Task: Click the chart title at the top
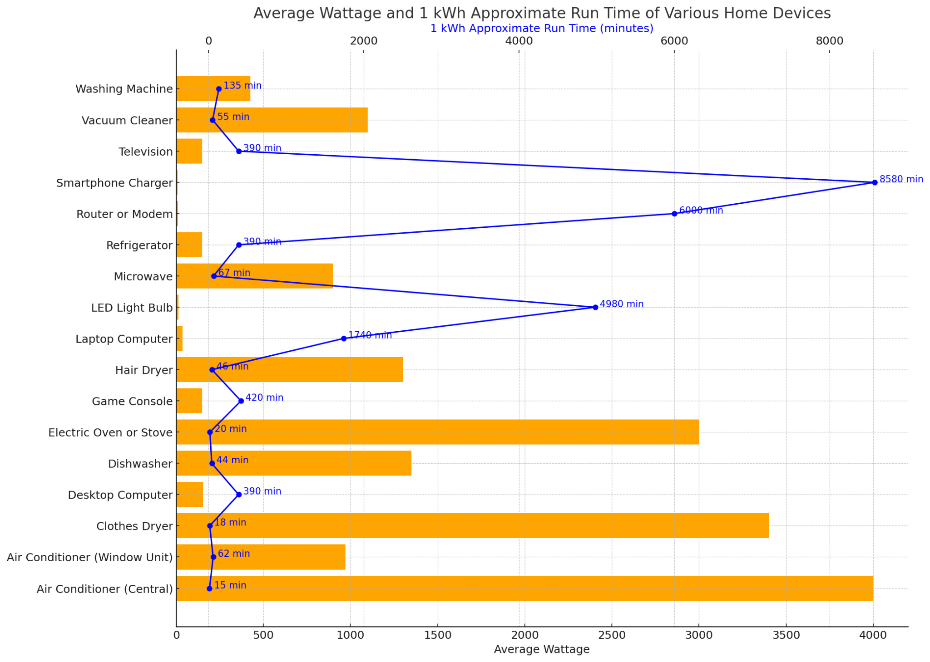(x=542, y=14)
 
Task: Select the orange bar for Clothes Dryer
(x=472, y=525)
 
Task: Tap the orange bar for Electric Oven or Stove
(x=437, y=432)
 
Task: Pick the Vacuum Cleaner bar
(x=272, y=120)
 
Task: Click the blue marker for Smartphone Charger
(x=875, y=182)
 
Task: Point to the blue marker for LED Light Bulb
(x=595, y=307)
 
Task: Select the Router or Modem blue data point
(x=674, y=214)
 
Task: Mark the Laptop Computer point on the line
(x=344, y=338)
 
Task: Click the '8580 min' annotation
(x=901, y=179)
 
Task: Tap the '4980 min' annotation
(x=621, y=304)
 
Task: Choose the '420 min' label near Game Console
(x=264, y=398)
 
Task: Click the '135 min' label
(x=242, y=86)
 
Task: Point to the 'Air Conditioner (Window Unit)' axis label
(x=90, y=557)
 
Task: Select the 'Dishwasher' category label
(x=140, y=464)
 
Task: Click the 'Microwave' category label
(x=143, y=276)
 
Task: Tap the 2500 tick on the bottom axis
(x=612, y=635)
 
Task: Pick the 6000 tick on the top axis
(x=674, y=41)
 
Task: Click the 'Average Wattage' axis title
(x=542, y=650)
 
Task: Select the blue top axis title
(x=542, y=29)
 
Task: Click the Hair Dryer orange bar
(x=289, y=370)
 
